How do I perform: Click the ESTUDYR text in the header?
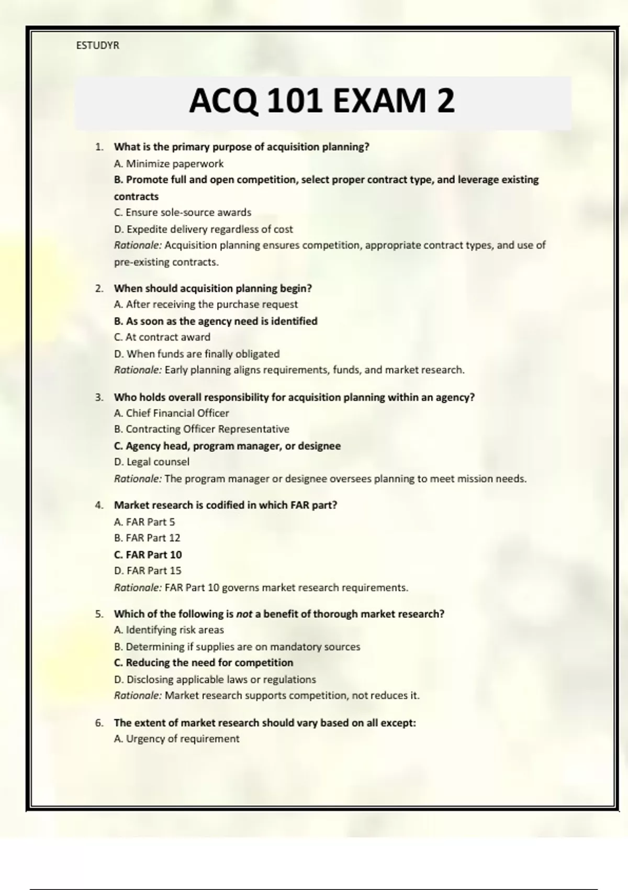coord(98,46)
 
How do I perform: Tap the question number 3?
coord(99,397)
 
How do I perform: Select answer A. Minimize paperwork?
coord(169,163)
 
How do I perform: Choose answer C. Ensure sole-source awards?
coord(183,213)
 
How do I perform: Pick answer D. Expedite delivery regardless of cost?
coord(203,229)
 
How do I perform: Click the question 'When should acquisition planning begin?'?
coord(213,288)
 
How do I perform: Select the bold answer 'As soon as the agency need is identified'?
coord(216,321)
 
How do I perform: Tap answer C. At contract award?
coord(162,337)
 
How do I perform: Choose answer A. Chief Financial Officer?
coord(172,413)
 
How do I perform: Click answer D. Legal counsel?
coord(152,462)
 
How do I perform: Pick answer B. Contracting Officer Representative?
coord(201,429)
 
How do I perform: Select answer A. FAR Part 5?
coord(144,522)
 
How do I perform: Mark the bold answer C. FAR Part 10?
coord(148,554)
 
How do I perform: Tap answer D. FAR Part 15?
coord(148,571)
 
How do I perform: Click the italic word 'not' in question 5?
coord(244,614)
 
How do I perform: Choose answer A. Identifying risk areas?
coord(169,630)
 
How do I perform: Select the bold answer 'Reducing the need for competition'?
coord(204,663)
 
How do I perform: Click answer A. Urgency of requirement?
coord(176,739)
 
